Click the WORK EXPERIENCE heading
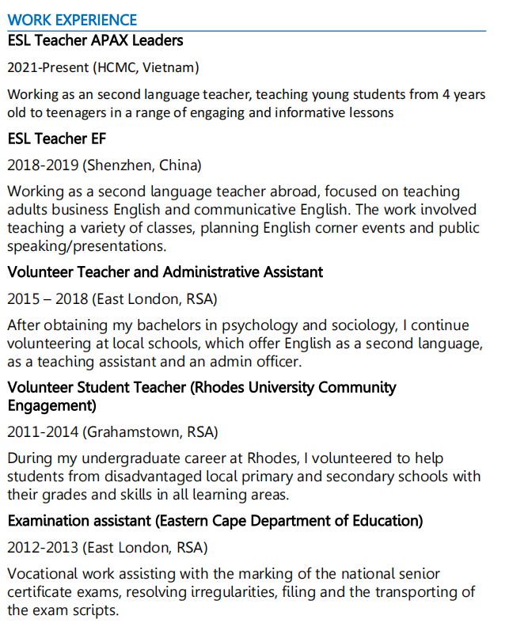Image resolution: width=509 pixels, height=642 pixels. pyautogui.click(x=72, y=21)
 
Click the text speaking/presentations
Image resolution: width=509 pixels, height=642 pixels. pyautogui.click(x=86, y=246)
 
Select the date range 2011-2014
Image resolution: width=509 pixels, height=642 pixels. pyautogui.click(x=43, y=432)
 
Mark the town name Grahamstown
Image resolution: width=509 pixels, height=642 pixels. pyautogui.click(x=130, y=432)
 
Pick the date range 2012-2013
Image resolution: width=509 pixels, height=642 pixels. pyautogui.click(x=43, y=548)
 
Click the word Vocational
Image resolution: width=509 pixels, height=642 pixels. pyautogui.click(x=44, y=574)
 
